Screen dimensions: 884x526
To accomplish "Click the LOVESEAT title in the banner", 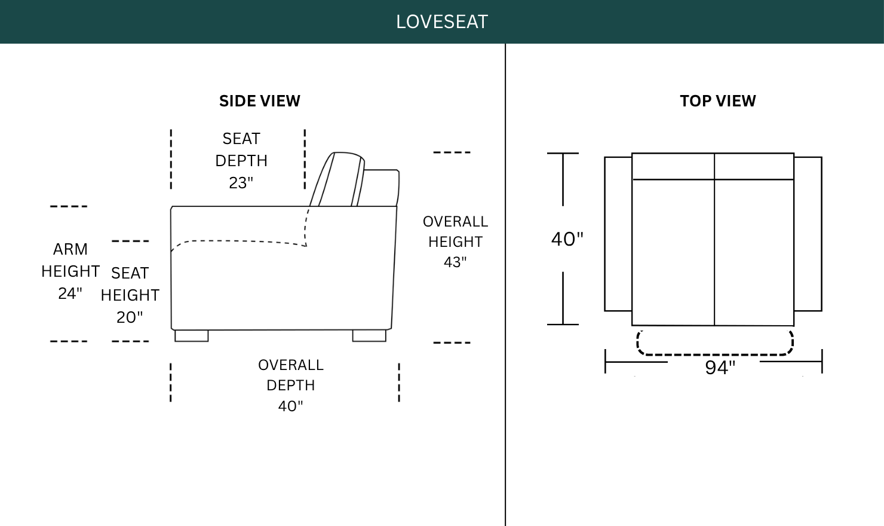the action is [x=442, y=22].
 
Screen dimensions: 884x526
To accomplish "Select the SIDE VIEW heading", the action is [x=260, y=101].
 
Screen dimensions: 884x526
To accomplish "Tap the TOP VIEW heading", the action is [x=718, y=101].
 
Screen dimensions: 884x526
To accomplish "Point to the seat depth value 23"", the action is [x=241, y=183].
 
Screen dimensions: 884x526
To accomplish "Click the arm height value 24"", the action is [x=70, y=293].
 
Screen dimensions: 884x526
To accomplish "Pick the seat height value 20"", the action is [x=130, y=317].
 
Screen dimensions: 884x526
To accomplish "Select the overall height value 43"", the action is [x=455, y=262].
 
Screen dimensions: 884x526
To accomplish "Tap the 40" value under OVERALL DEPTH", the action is [x=290, y=406].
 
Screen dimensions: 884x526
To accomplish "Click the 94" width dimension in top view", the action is [x=720, y=368].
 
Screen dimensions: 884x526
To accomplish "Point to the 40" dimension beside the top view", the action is [x=567, y=239].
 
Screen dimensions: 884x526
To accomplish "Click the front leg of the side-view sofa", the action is [x=192, y=336].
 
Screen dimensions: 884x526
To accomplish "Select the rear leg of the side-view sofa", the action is [x=369, y=336].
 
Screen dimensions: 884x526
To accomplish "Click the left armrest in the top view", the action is [x=618, y=234].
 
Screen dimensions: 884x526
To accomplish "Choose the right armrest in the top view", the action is [x=808, y=234].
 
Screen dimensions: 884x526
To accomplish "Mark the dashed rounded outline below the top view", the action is [x=715, y=354].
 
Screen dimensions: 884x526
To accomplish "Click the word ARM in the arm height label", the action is [x=70, y=249].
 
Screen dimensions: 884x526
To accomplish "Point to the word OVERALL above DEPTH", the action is [x=291, y=365].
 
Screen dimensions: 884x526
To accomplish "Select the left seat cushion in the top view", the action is [x=673, y=252].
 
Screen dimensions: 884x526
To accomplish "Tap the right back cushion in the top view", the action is [x=754, y=166].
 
